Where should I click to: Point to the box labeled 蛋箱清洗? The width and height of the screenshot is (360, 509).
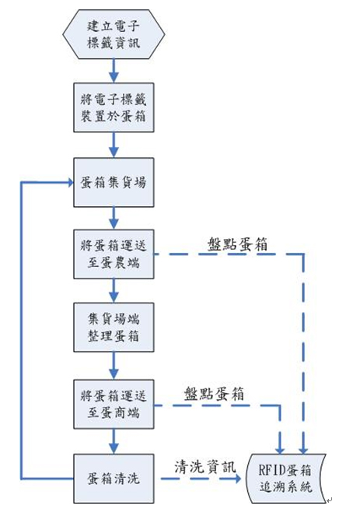114,476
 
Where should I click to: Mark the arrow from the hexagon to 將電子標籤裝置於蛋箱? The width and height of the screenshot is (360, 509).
114,70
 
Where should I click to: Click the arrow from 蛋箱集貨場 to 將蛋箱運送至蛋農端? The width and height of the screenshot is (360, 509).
114,218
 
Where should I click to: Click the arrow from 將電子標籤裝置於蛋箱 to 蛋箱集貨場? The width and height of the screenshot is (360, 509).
114,144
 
